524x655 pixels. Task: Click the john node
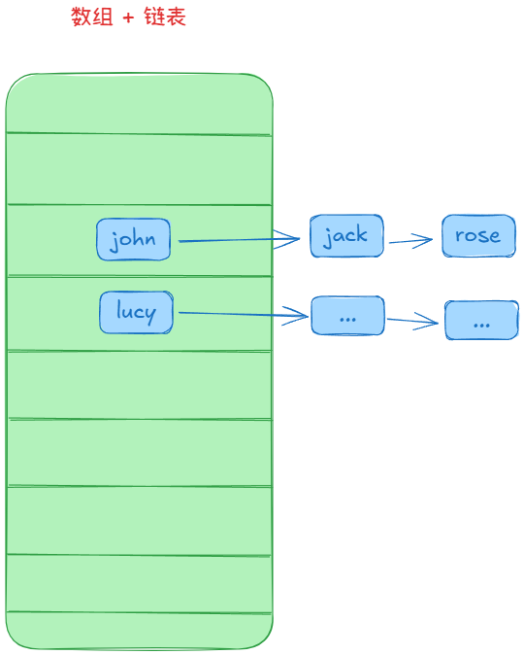tap(134, 239)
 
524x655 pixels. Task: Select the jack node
tap(346, 235)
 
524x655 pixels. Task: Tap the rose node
tap(479, 235)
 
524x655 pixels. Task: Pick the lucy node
tap(137, 313)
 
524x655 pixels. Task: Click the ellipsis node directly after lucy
tap(348, 316)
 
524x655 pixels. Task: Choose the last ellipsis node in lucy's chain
tap(482, 320)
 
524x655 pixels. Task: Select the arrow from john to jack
tap(239, 240)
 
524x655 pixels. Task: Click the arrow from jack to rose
tap(410, 241)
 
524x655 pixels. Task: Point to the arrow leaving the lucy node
tap(244, 314)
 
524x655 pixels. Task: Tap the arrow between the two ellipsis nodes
tap(412, 321)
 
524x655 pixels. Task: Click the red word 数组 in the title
tap(92, 17)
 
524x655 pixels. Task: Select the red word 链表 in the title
tap(165, 17)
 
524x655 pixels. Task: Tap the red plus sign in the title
tap(128, 17)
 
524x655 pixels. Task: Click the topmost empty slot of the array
tap(140, 104)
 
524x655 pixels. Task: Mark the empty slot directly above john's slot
tap(140, 170)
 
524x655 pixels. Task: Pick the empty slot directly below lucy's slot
tap(140, 385)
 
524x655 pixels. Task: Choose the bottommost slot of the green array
tap(140, 631)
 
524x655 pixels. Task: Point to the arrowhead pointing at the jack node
tap(288, 239)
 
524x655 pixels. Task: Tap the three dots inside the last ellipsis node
tap(482, 325)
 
